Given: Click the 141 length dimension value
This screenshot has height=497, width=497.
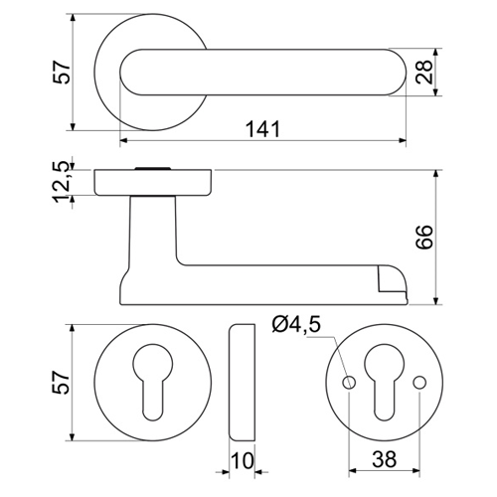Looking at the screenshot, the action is (x=262, y=129).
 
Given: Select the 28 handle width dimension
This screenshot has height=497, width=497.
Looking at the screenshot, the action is (x=423, y=73).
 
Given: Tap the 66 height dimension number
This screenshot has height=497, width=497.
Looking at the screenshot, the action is (x=424, y=237).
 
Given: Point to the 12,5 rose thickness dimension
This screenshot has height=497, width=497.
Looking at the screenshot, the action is (x=62, y=182).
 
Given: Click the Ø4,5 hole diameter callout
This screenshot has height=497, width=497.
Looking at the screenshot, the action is (x=296, y=324).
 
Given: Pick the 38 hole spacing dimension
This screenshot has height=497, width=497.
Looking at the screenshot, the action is (x=385, y=459).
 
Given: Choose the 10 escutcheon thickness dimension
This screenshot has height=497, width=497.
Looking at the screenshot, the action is (x=243, y=460).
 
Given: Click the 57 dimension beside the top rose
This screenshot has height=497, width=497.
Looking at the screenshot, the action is (x=62, y=72).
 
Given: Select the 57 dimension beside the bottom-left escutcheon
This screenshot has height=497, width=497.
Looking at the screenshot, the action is (x=62, y=383).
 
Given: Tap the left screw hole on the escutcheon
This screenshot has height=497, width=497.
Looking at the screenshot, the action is (x=349, y=383).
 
